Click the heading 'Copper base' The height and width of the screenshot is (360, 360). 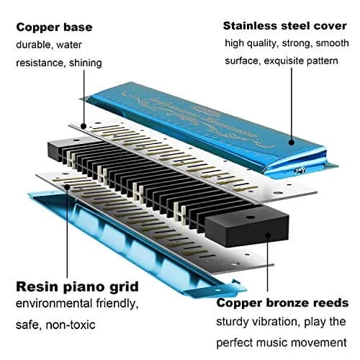(54, 27)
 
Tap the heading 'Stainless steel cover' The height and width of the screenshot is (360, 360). (285, 26)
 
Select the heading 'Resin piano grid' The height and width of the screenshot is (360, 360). (77, 287)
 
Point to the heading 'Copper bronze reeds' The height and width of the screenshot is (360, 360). (282, 303)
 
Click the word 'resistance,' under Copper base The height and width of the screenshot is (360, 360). (41, 63)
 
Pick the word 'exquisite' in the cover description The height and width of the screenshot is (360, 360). (284, 61)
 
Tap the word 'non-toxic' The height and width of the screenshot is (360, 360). (71, 325)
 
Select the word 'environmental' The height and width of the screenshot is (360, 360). (54, 304)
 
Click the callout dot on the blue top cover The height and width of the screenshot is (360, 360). (292, 143)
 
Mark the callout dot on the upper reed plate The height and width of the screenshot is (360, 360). (84, 126)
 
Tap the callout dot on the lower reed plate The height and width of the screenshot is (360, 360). (67, 187)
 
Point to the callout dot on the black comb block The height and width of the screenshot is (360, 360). (268, 235)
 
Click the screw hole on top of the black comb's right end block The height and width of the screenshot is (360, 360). (251, 217)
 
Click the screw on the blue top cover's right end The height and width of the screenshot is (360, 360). (299, 170)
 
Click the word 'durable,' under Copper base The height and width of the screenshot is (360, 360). (34, 45)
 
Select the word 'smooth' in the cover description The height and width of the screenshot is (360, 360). (333, 43)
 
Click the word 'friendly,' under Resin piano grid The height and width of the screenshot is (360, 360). (117, 304)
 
